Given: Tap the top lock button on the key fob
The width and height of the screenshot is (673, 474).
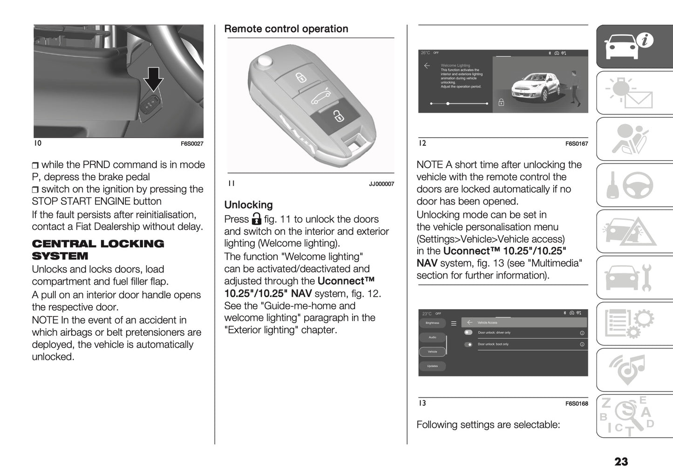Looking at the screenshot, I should [301, 77].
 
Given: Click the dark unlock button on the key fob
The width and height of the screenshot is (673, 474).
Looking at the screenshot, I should [337, 115].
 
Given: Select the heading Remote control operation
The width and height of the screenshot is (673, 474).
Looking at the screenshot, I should [286, 29].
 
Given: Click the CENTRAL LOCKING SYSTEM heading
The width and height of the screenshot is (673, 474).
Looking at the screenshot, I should [98, 250].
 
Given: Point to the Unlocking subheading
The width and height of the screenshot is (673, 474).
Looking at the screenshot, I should [248, 205].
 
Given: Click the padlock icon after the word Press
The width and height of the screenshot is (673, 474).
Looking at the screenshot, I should [257, 219].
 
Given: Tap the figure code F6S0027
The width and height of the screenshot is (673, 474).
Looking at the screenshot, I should [192, 144].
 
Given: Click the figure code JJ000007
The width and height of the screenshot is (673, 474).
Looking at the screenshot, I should [381, 184].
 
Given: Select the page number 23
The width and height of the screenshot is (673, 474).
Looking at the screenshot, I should [621, 461].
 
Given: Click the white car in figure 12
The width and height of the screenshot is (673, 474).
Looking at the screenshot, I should [534, 87].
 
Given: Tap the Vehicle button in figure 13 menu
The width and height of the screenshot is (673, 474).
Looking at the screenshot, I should [432, 352].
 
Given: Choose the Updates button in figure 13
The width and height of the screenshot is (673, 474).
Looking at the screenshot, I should [432, 366].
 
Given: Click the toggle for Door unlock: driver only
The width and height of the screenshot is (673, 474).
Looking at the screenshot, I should [468, 332].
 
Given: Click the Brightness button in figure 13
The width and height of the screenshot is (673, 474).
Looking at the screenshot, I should [432, 323].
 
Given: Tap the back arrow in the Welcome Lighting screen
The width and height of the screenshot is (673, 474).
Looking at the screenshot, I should [427, 66].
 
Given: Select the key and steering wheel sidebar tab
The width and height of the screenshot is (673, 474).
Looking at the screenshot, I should [634, 185].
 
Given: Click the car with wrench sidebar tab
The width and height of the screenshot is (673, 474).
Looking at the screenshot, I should [634, 278].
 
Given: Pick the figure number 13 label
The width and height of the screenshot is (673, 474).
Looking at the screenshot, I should [422, 403].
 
